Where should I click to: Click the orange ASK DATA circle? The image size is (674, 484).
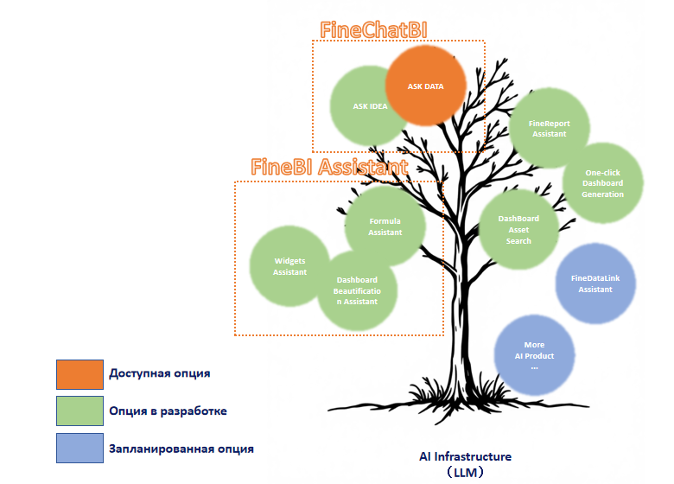click(x=425, y=86)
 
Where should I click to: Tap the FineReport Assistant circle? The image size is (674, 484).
click(x=550, y=128)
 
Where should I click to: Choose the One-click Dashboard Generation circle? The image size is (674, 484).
click(x=602, y=183)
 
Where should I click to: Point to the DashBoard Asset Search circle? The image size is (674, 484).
click(x=518, y=230)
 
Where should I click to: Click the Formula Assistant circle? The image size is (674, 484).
click(x=385, y=226)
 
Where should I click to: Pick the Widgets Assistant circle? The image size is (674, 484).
click(x=289, y=266)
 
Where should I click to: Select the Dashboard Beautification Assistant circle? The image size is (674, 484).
click(x=357, y=290)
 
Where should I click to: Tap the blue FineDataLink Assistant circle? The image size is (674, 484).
click(x=595, y=283)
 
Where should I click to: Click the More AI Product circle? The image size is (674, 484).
click(x=534, y=355)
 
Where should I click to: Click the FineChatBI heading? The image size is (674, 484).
click(x=373, y=30)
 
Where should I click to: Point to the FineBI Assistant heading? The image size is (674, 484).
click(x=329, y=167)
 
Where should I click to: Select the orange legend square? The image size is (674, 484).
click(x=80, y=374)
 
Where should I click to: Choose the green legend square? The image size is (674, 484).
click(x=80, y=411)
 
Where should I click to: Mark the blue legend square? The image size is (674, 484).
click(x=80, y=448)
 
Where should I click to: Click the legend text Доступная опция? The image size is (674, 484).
click(x=160, y=373)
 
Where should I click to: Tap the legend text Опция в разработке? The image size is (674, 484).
click(x=168, y=411)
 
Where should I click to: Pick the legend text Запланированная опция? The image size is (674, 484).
click(x=181, y=449)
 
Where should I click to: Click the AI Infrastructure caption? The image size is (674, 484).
click(x=466, y=456)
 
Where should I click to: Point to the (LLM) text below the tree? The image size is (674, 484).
click(x=466, y=473)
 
